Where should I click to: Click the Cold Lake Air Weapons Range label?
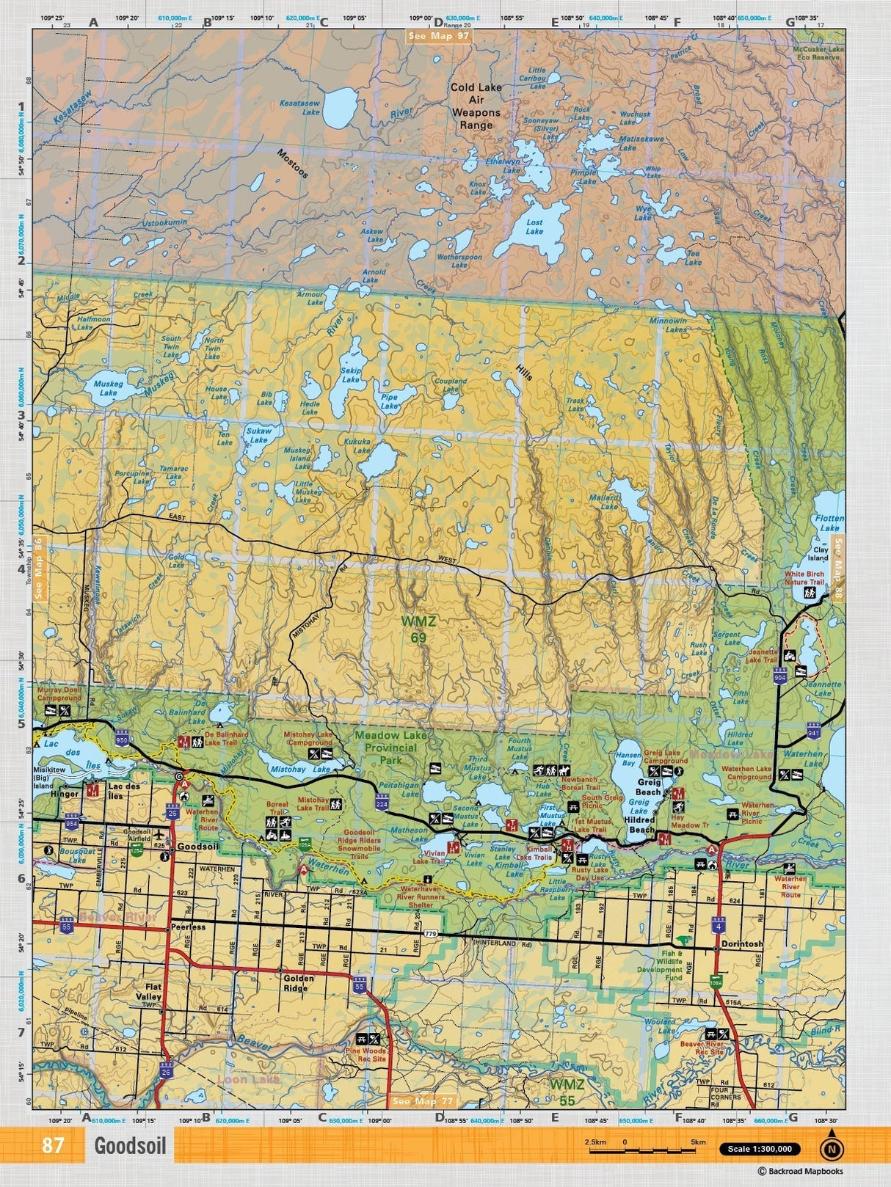click(476, 106)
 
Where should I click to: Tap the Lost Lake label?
click(534, 227)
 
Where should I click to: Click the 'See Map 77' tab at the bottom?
click(423, 1101)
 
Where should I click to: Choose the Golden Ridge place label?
click(299, 982)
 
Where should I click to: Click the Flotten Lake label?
click(829, 523)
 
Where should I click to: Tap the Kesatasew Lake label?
click(300, 108)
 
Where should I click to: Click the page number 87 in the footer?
click(52, 1145)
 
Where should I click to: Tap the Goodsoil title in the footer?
click(129, 1146)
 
